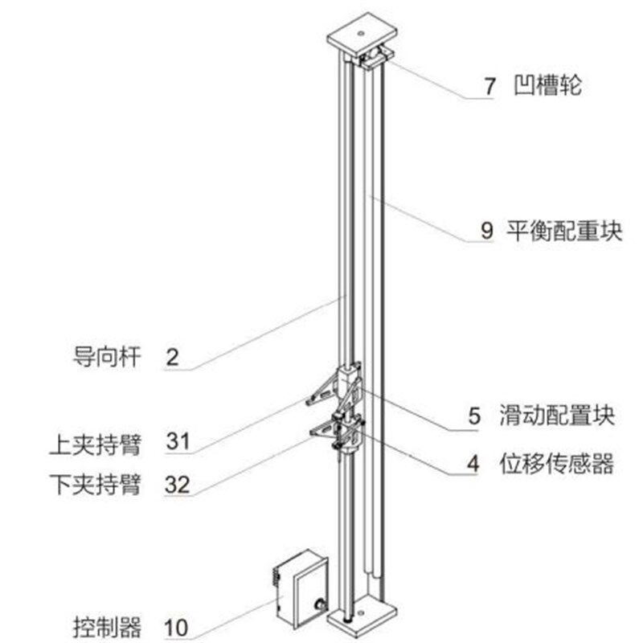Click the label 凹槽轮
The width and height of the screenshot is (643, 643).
pyautogui.click(x=547, y=86)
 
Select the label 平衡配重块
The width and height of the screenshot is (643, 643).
pyautogui.click(x=564, y=230)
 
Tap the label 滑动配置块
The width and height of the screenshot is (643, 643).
pyautogui.click(x=565, y=416)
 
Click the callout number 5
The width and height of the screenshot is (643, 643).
pyautogui.click(x=475, y=416)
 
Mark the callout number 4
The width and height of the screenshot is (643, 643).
pyautogui.click(x=474, y=464)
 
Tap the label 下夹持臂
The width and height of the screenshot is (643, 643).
pyautogui.click(x=93, y=485)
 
